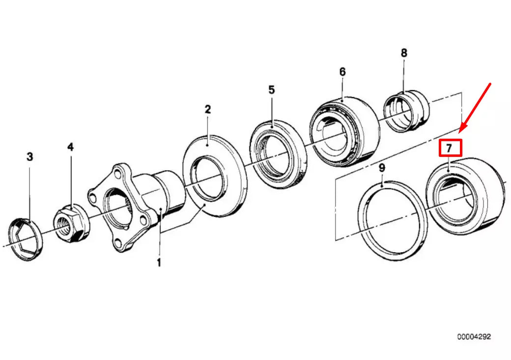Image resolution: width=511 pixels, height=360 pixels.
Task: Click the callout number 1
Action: point(159,263)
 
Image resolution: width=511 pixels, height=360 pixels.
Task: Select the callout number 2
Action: point(207,109)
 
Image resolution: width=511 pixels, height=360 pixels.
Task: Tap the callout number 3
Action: point(30,157)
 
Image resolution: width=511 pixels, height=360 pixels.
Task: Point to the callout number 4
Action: point(71,147)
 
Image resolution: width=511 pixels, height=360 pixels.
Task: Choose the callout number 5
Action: point(271,90)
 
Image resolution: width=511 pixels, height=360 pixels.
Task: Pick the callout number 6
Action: point(342,72)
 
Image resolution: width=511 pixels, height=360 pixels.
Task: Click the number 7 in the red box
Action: point(450,148)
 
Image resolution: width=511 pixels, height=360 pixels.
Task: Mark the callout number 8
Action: point(404,53)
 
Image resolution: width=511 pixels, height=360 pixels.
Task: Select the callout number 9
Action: point(382,168)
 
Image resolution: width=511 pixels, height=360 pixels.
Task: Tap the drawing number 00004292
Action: point(474,337)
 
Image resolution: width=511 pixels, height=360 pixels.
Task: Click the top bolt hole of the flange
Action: point(117,173)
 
